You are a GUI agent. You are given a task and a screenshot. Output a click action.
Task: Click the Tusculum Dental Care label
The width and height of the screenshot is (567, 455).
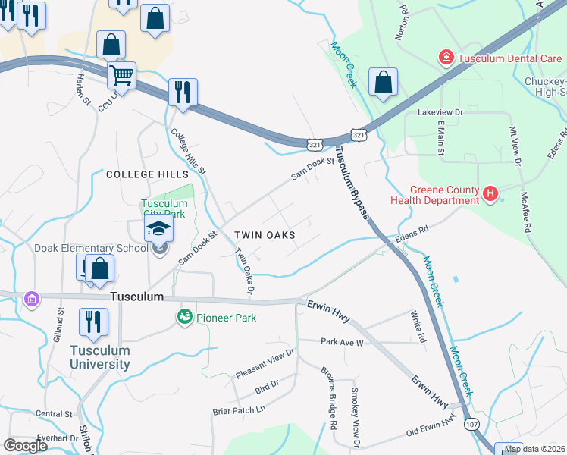(503, 58)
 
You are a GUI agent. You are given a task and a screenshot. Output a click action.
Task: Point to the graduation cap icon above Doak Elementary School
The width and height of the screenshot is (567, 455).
(159, 228)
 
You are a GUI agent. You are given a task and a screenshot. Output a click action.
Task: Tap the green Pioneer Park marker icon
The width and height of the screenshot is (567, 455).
(183, 316)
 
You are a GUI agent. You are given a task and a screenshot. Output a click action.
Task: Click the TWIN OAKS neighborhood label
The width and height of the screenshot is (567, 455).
(264, 235)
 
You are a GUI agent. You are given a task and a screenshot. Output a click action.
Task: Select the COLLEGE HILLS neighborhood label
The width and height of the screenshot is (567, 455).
(146, 174)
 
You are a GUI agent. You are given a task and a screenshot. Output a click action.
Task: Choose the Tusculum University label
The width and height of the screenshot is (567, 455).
(100, 357)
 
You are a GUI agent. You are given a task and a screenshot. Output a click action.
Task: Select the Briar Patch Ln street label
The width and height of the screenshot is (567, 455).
(239, 409)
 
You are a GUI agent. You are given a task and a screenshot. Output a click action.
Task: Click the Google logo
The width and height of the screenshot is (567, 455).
(25, 446)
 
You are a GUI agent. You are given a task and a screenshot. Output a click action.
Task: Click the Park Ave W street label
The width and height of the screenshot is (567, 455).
(342, 342)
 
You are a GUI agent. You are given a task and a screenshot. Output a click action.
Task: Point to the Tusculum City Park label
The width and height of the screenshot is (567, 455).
(164, 209)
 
